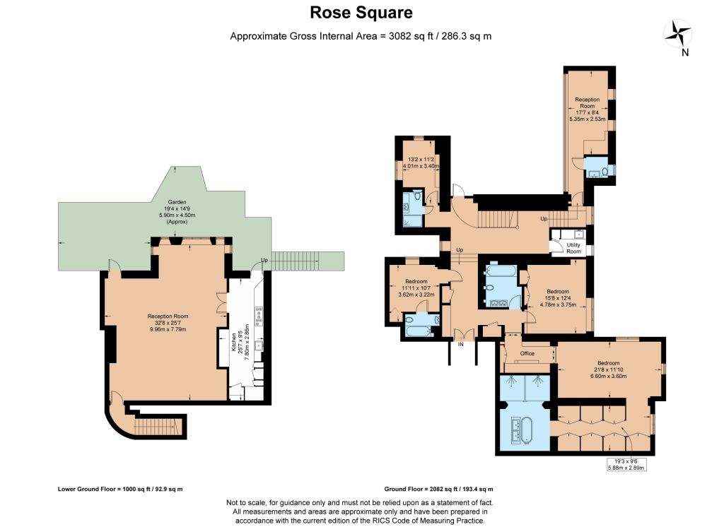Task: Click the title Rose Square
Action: (x=361, y=13)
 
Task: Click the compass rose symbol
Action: (x=677, y=34)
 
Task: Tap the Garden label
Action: (x=177, y=212)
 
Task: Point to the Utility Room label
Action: (x=573, y=248)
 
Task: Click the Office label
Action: (x=527, y=353)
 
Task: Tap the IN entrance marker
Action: (x=460, y=344)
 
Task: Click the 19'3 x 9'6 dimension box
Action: (x=626, y=464)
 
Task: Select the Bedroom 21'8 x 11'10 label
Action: (x=608, y=369)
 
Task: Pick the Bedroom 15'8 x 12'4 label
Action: (x=558, y=297)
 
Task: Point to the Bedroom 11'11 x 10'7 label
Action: (x=416, y=288)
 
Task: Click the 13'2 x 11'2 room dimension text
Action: (x=421, y=162)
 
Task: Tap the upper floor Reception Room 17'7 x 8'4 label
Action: (x=587, y=109)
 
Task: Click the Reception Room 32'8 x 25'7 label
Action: (x=168, y=323)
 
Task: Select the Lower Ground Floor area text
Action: (x=120, y=489)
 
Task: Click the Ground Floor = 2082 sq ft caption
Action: (x=438, y=489)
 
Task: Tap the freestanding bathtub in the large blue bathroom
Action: (x=527, y=430)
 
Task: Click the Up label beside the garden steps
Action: (x=264, y=260)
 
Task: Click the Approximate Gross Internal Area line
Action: (x=361, y=36)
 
